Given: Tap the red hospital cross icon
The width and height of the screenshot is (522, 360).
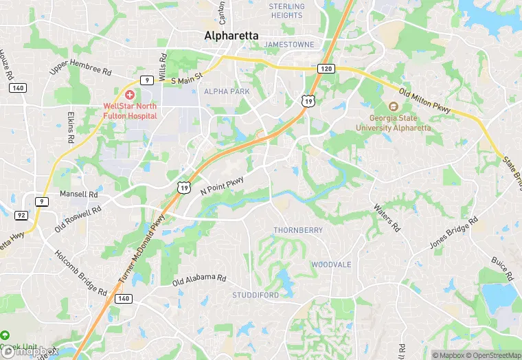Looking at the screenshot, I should [129, 93].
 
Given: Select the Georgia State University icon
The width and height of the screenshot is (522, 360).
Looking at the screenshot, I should [393, 106].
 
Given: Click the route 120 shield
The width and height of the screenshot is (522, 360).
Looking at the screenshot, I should [326, 69].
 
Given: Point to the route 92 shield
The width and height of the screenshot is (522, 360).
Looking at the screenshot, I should [21, 215].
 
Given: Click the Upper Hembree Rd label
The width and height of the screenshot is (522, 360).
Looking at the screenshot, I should [80, 68].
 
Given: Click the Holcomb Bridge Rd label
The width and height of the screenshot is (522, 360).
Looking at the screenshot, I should [81, 272].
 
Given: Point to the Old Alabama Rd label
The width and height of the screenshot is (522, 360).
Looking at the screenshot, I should [199, 279].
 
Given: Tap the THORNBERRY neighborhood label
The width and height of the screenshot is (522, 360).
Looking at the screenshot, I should [298, 230].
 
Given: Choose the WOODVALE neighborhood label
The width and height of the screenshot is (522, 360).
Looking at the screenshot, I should [331, 265].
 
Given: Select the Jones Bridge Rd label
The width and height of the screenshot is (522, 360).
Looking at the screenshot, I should [453, 234].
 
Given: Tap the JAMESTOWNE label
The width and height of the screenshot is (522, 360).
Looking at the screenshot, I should [289, 44].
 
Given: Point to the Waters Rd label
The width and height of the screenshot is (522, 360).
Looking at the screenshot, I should [387, 216].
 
